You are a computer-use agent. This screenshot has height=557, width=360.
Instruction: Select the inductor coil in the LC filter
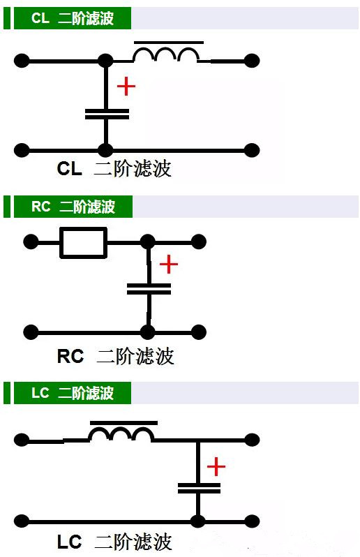click(x=122, y=430)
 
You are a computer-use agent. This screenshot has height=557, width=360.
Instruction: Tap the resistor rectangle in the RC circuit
click(x=84, y=243)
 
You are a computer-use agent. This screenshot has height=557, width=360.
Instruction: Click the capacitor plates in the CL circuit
click(x=107, y=114)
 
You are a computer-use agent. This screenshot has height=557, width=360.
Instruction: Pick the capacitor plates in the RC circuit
click(x=149, y=289)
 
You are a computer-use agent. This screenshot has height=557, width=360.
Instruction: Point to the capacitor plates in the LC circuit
click(x=199, y=488)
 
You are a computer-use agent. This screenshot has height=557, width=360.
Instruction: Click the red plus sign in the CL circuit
click(x=126, y=87)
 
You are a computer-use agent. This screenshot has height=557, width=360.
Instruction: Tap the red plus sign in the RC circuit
click(x=169, y=264)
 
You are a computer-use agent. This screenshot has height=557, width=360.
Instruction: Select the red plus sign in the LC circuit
click(x=216, y=466)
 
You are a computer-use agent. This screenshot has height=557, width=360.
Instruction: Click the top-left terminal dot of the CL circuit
click(x=22, y=61)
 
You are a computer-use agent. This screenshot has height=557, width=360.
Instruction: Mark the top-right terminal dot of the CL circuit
click(x=252, y=61)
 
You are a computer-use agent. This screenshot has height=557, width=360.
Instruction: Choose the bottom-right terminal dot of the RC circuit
click(x=198, y=332)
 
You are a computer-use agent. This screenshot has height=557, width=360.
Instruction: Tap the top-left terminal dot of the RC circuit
click(x=31, y=242)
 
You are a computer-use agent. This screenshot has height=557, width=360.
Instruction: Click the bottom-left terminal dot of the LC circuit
click(x=22, y=521)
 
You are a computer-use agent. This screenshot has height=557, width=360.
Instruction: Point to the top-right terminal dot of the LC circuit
click(x=252, y=440)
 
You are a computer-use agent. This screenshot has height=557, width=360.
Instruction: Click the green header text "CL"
click(x=40, y=17)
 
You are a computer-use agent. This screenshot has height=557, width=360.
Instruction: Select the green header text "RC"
click(x=41, y=207)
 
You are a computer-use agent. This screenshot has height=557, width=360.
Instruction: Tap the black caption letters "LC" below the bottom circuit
click(x=70, y=542)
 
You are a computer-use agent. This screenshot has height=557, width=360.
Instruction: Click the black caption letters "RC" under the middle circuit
click(x=70, y=356)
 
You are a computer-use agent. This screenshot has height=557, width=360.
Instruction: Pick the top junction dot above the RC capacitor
click(x=148, y=242)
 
